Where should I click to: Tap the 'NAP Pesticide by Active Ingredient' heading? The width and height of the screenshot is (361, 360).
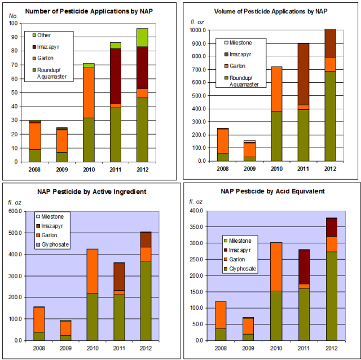click(x=89, y=192)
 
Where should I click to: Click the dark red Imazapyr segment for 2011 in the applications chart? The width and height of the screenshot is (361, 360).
click(x=115, y=76)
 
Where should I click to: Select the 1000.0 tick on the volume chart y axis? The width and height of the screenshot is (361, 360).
click(x=195, y=30)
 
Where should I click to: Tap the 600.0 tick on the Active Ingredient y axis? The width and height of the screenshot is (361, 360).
click(x=14, y=211)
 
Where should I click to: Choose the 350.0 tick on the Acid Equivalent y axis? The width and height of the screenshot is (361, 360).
click(x=196, y=228)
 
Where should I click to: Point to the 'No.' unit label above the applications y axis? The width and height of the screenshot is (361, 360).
click(x=14, y=16)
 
